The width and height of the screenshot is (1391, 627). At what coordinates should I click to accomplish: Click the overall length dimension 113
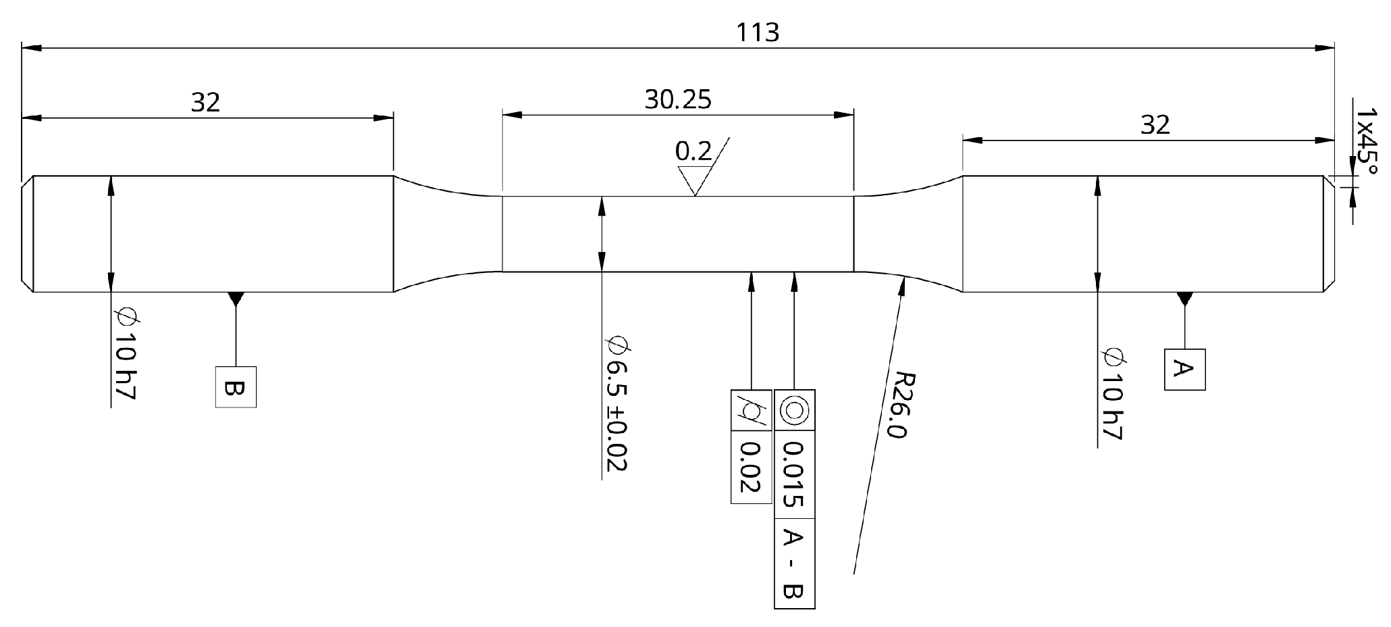(x=758, y=32)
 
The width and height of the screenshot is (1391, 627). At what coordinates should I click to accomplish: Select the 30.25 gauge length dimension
(x=677, y=100)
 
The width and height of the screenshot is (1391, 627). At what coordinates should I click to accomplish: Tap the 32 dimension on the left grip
(x=205, y=103)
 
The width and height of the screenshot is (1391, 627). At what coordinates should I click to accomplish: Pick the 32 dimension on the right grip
(x=1155, y=125)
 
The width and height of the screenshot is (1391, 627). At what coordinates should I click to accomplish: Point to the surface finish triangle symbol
(x=696, y=180)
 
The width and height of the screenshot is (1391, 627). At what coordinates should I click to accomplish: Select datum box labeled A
(x=1184, y=370)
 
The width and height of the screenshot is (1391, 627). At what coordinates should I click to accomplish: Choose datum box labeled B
(x=236, y=387)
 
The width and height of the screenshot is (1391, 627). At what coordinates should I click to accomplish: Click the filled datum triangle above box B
(x=236, y=297)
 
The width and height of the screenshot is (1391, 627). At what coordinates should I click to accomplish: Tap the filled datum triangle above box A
(x=1184, y=297)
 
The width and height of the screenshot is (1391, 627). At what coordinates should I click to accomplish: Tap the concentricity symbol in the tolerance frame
(x=794, y=410)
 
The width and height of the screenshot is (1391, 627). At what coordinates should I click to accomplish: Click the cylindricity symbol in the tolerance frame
(x=751, y=410)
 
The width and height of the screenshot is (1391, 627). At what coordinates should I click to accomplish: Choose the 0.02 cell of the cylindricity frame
(x=751, y=467)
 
